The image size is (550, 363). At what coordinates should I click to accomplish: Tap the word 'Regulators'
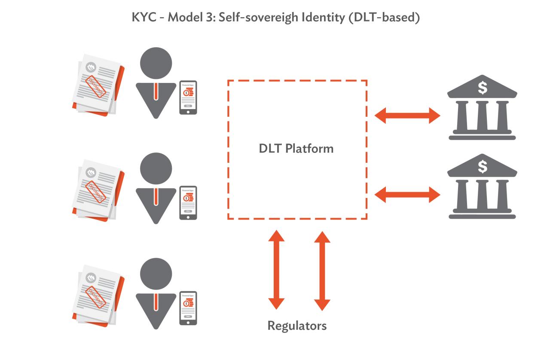tap(297, 325)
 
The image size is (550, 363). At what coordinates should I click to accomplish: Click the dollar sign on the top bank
tap(483, 88)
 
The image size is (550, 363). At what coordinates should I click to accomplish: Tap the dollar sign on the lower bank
tap(483, 166)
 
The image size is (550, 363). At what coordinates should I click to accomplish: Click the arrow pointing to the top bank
tap(407, 115)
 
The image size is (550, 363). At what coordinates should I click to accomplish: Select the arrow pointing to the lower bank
tap(407, 194)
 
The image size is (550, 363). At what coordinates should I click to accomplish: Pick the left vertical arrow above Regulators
tap(276, 269)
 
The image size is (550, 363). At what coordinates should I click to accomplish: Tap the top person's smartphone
tap(188, 97)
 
